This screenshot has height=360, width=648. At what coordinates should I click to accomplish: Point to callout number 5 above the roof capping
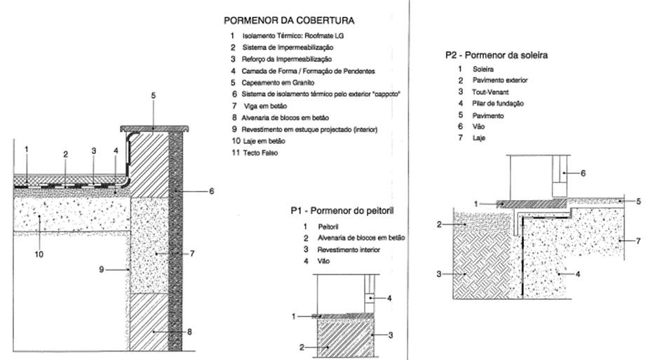point(152,114)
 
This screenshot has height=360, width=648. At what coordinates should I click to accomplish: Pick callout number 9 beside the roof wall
point(102,268)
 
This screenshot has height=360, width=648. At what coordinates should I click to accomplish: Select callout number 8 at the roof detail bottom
point(190,331)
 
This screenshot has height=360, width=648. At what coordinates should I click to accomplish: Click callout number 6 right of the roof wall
point(211,191)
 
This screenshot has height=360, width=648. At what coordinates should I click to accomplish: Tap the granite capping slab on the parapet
point(155,128)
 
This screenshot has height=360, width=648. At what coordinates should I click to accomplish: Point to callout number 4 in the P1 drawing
point(389,298)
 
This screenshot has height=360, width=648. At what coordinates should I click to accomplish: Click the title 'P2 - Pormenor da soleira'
point(497,55)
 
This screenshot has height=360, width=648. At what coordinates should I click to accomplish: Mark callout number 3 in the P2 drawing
point(440,274)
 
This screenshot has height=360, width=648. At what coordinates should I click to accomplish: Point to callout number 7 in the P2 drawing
point(637,241)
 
